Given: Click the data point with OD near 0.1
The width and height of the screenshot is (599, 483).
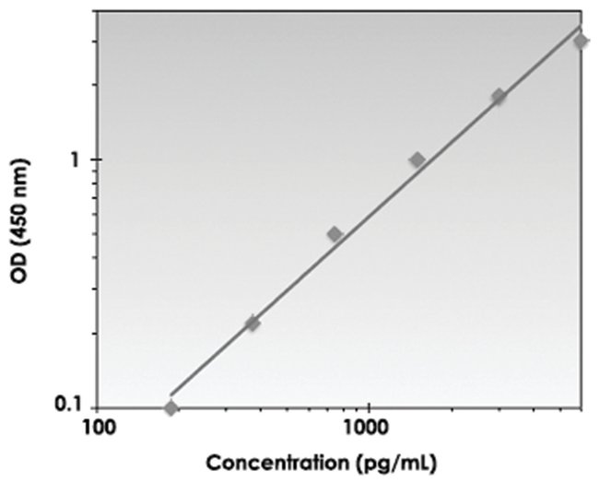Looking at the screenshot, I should click(x=171, y=407).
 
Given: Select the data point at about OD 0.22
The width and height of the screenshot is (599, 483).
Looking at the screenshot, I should click(x=253, y=324).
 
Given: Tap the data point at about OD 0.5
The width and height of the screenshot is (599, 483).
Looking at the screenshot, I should click(x=335, y=234).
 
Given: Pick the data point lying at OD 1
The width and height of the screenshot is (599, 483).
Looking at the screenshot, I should click(x=417, y=159).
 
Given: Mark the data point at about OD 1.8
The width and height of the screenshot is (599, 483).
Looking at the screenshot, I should click(x=499, y=96).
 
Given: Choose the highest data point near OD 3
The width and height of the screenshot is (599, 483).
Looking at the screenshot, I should click(x=581, y=41).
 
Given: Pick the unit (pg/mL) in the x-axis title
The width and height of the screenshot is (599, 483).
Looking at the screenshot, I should click(x=403, y=461).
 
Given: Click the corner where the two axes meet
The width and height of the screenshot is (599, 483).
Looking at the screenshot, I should click(x=99, y=406).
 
